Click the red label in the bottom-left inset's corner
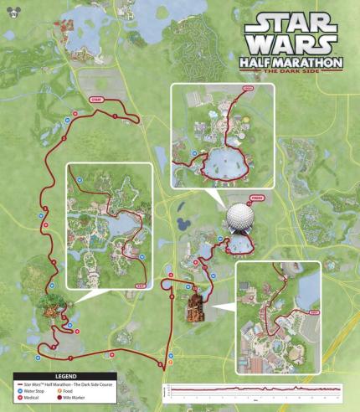[139, 285]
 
